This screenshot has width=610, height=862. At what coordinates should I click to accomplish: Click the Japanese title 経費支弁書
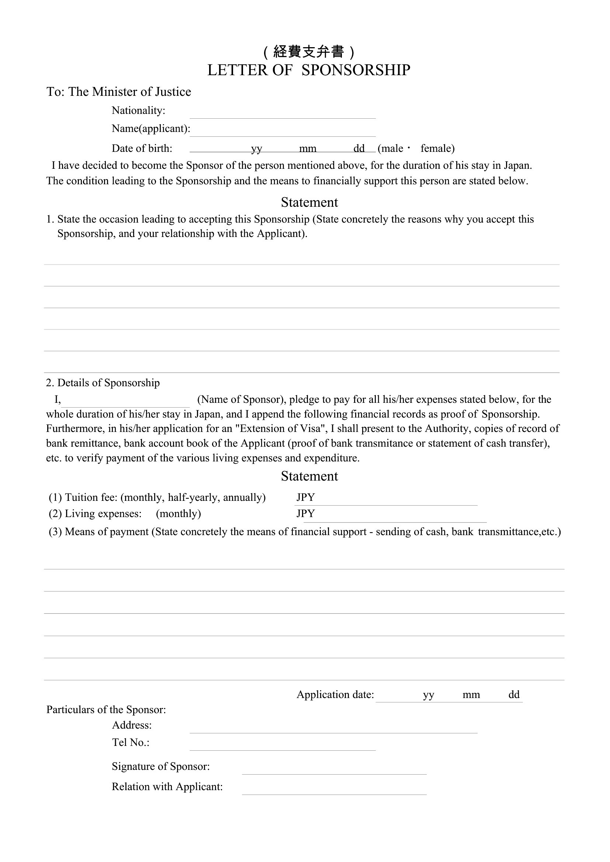click(308, 52)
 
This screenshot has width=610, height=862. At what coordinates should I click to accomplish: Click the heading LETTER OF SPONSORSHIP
click(308, 70)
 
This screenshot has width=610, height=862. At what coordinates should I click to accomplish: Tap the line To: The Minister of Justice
click(119, 92)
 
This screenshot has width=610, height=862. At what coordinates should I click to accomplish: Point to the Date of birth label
click(142, 149)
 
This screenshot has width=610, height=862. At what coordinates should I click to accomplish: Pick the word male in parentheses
click(392, 149)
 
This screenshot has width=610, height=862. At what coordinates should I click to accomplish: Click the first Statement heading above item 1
click(309, 202)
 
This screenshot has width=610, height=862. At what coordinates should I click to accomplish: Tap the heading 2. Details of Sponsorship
click(103, 383)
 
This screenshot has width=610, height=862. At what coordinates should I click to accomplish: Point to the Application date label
click(335, 695)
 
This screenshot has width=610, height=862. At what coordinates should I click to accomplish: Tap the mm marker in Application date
click(471, 695)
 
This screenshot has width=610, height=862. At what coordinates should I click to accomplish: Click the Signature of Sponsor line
click(334, 768)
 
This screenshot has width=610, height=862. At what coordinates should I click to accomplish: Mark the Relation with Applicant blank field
click(334, 789)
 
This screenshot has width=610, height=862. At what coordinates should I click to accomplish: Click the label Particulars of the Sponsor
click(106, 710)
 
